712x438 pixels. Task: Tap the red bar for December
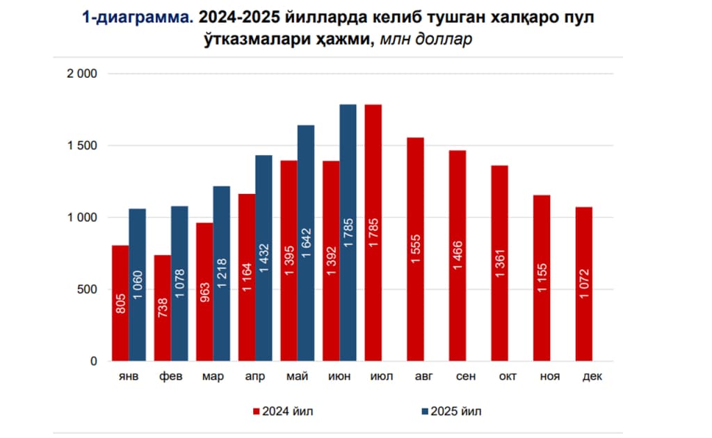tap(584, 284)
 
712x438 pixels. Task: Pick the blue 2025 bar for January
tap(138, 285)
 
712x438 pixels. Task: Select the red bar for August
tap(416, 250)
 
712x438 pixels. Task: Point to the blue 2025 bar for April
tap(264, 258)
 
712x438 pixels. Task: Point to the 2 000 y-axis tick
tap(82, 74)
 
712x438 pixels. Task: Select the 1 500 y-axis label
tap(82, 146)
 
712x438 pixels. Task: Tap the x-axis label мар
tap(213, 376)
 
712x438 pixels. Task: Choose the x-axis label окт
tap(507, 376)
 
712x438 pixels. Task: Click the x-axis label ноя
tap(550, 376)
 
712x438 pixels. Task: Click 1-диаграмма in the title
tap(136, 18)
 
